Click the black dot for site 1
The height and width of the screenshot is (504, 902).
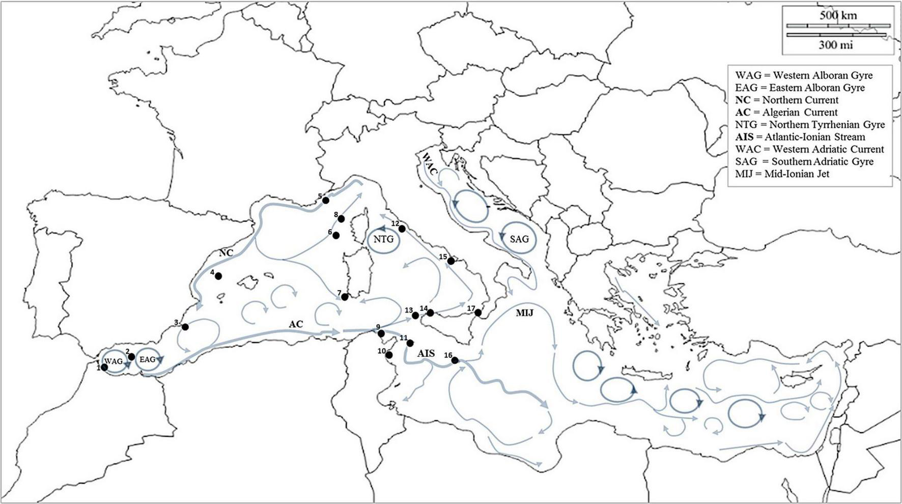pos(104,367)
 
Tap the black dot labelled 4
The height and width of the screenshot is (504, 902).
pos(218,276)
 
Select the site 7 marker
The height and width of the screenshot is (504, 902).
pos(345,297)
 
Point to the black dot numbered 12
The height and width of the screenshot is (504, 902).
pos(402,229)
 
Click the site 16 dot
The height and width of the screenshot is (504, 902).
pos(455,360)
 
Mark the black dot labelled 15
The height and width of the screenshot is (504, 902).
pos(450,261)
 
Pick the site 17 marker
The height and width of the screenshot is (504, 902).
pos(477,313)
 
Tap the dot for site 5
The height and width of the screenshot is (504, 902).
pos(326,200)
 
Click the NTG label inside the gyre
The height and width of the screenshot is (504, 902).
pos(383,239)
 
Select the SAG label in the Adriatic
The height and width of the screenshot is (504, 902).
pos(519,239)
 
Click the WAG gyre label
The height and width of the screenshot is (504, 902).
pos(114,361)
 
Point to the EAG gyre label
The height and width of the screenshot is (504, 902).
pos(147,359)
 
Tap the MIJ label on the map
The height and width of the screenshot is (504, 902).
pos(524,313)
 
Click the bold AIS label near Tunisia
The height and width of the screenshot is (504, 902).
pos(426,353)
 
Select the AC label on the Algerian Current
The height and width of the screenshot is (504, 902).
pos(296,324)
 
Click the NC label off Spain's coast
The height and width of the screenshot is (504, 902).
pos(226,253)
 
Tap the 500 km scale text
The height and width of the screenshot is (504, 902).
pos(838,15)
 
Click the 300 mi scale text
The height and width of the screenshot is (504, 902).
pos(835,45)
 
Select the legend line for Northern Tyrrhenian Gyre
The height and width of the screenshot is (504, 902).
pos(810,124)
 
